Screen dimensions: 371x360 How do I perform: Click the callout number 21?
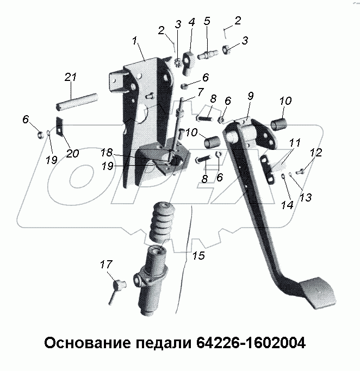pyautogui.click(x=70, y=78)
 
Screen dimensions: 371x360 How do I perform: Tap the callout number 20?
pyautogui.click(x=72, y=153)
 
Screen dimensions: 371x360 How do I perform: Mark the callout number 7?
pyautogui.click(x=201, y=92)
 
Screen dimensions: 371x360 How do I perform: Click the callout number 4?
pyautogui.click(x=191, y=22)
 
